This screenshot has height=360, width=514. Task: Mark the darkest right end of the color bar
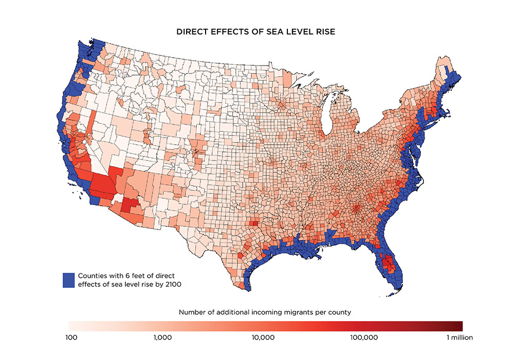460,326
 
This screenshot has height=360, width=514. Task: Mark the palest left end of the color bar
70,326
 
